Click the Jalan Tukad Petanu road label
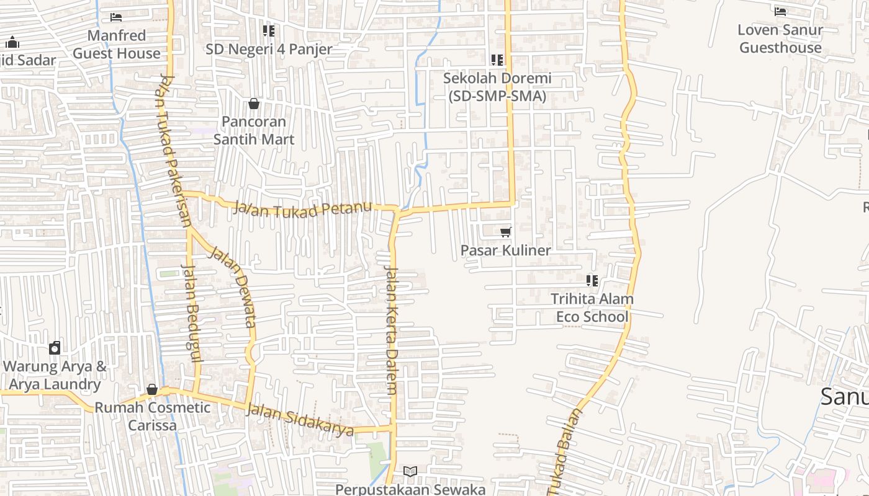302,208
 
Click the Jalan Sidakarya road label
300,420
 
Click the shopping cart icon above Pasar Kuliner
506,232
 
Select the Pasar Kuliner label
505,250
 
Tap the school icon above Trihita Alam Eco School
592,281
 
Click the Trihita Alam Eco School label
592,308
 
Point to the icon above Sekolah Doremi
497,60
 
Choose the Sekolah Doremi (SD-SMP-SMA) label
497,87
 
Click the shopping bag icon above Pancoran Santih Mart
253,104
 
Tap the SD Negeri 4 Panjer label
269,49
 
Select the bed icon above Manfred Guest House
116,17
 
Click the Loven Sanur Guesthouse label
780,38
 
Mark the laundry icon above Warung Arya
55,347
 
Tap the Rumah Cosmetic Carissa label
152,417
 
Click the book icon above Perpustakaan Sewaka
410,472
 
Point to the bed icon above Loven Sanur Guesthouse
780,11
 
